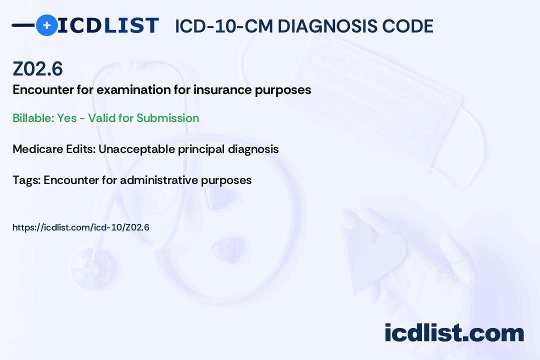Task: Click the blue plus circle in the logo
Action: [46, 25]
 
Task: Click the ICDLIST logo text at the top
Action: [108, 25]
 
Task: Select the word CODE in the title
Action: [411, 26]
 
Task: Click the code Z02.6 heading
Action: [37, 69]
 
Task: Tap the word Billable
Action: [32, 118]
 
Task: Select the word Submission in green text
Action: [167, 118]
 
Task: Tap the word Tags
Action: [25, 180]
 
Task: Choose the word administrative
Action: [158, 180]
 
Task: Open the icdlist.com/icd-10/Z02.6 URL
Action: [81, 227]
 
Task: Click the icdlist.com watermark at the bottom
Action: [454, 333]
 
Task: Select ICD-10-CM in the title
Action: [223, 26]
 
